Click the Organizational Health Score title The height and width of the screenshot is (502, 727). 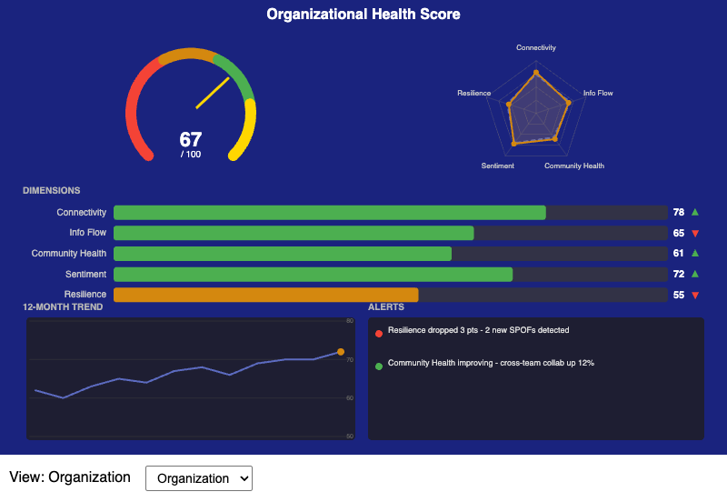click(363, 15)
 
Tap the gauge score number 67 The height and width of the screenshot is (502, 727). click(191, 140)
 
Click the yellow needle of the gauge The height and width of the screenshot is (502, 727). click(213, 93)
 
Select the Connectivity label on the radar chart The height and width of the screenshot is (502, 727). click(536, 47)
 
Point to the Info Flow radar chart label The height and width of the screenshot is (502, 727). click(598, 93)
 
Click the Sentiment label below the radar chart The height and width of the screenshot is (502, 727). click(498, 166)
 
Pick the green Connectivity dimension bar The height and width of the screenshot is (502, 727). click(329, 212)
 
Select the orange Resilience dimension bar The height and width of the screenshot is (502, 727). click(265, 295)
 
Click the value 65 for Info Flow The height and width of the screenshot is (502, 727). click(678, 233)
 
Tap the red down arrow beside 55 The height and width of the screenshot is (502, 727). click(695, 295)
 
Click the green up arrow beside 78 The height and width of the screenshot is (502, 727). click(695, 212)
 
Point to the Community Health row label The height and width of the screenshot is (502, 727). click(69, 254)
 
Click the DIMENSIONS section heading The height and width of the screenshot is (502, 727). click(52, 191)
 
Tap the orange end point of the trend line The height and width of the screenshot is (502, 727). click(340, 352)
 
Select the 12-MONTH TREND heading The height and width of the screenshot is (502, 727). click(63, 307)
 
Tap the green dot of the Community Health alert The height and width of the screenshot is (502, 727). click(379, 366)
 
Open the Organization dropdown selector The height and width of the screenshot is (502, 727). click(198, 478)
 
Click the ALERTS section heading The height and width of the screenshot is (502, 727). click(386, 307)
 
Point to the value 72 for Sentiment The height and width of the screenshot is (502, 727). click(678, 274)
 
